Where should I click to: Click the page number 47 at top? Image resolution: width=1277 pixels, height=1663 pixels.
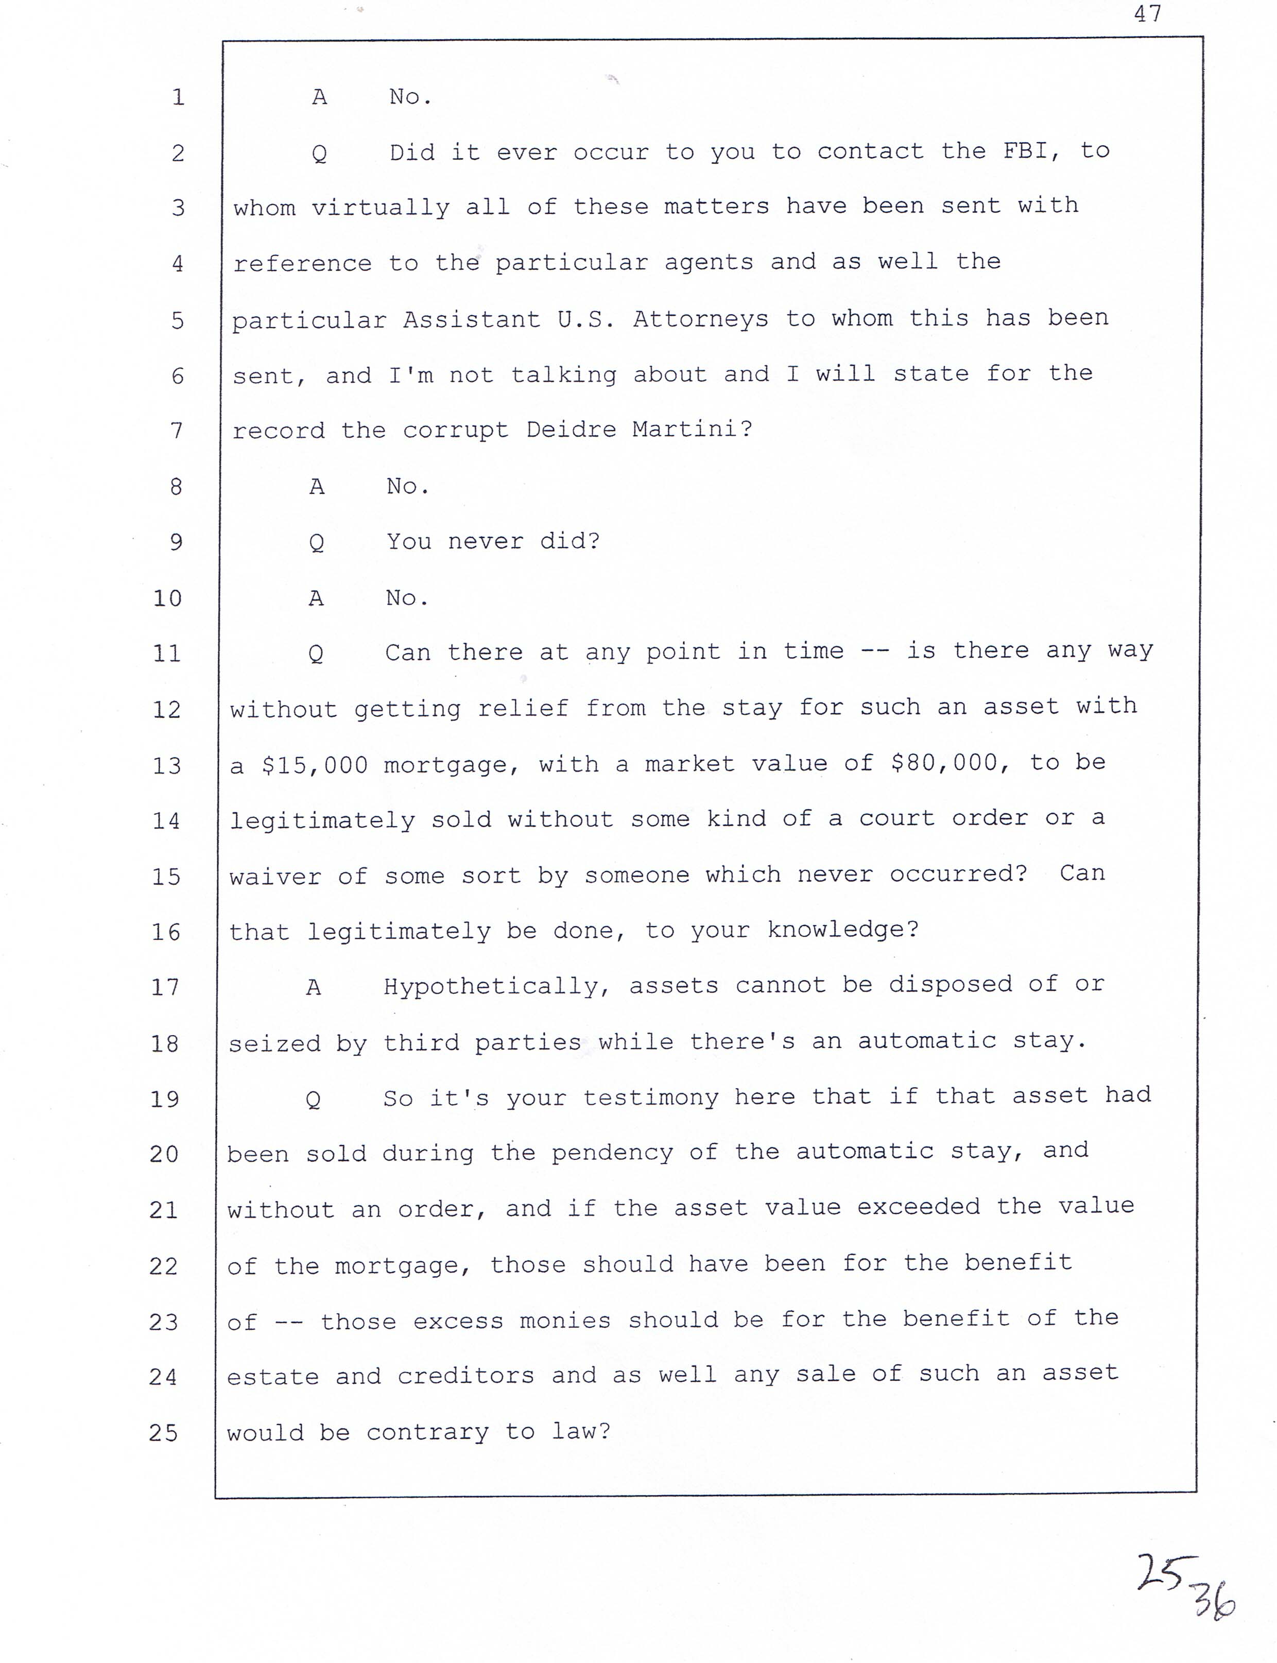pyautogui.click(x=1147, y=14)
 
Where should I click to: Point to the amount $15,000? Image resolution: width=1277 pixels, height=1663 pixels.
pyautogui.click(x=314, y=765)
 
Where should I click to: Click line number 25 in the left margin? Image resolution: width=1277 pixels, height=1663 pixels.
pyautogui.click(x=163, y=1433)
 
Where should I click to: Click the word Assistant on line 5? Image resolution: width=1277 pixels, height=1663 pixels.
pyautogui.click(x=471, y=319)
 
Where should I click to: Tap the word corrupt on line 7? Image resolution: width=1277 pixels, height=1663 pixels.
pyautogui.click(x=455, y=430)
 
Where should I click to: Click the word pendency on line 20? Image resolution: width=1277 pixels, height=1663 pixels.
pyautogui.click(x=612, y=1153)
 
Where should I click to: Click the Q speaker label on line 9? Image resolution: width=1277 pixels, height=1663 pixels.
pyautogui.click(x=317, y=543)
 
